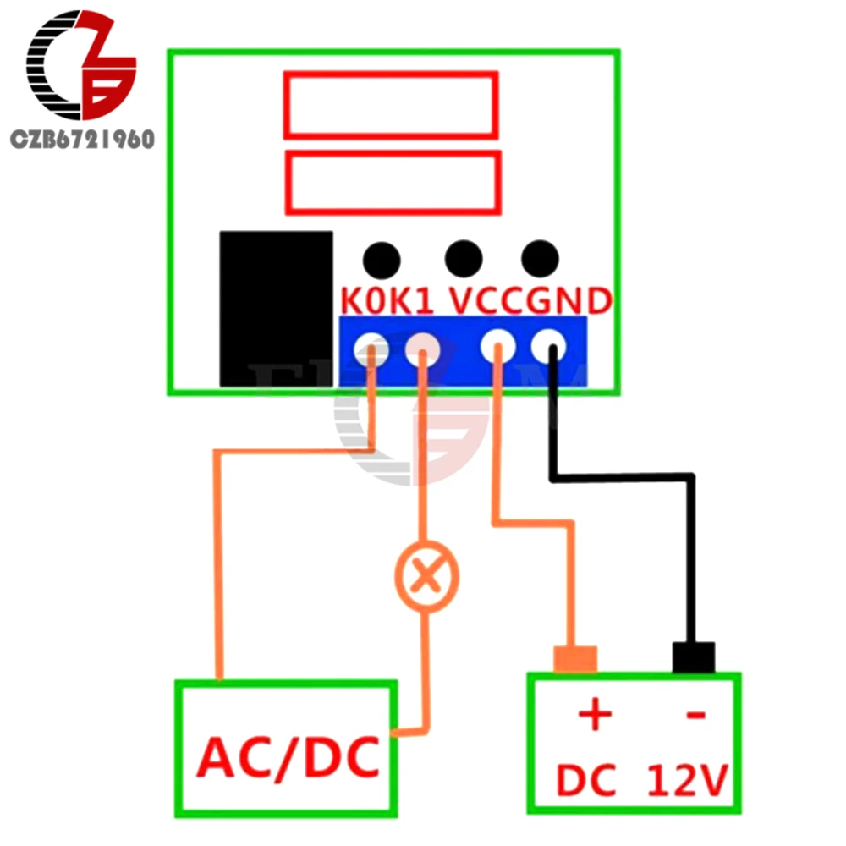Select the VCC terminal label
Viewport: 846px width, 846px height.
pos(486,302)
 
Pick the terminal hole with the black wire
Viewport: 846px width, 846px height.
pos(548,346)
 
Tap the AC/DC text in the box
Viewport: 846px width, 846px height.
pos(288,759)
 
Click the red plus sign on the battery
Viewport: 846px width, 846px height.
pos(595,715)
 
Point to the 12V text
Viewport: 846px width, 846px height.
pos(687,781)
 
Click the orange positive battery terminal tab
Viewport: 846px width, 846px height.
pos(575,658)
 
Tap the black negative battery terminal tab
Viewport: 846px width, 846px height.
pos(694,656)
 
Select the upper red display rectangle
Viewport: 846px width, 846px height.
pos(390,105)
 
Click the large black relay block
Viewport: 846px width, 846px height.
pos(276,309)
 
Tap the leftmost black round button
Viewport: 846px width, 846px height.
pos(382,259)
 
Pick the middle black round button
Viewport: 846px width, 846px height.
pos(463,258)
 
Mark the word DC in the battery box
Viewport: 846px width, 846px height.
pos(585,781)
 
